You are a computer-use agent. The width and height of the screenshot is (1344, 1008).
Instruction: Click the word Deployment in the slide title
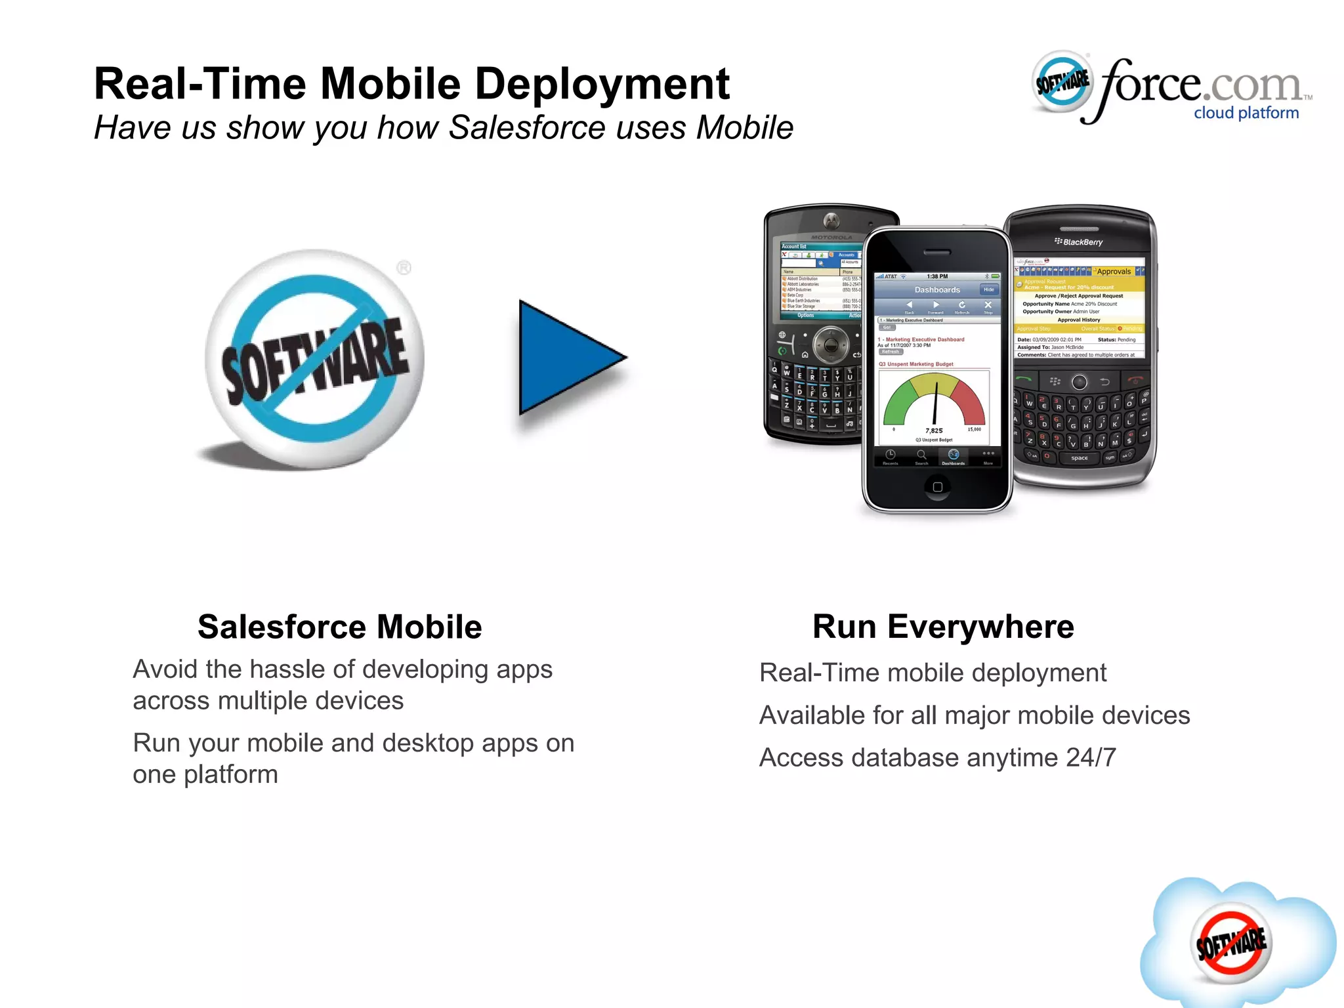(602, 85)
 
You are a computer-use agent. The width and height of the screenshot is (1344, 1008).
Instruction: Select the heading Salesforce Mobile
(340, 627)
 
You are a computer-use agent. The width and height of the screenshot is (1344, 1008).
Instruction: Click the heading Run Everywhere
(943, 627)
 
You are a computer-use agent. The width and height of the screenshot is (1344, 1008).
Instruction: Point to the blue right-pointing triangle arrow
(568, 358)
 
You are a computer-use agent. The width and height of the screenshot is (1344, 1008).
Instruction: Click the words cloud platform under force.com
(1246, 113)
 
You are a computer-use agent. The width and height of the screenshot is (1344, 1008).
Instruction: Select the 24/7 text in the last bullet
(1091, 758)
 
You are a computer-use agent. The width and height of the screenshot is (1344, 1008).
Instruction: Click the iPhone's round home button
(937, 486)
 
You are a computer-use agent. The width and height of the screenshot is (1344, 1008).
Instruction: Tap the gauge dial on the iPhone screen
(934, 400)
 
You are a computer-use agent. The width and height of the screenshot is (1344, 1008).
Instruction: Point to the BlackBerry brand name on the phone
(1082, 242)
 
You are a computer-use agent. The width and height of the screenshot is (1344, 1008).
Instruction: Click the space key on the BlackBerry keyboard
(1079, 458)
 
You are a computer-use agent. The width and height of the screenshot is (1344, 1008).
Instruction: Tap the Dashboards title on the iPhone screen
(936, 289)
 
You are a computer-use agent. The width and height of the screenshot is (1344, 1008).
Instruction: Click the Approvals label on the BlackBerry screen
(1114, 271)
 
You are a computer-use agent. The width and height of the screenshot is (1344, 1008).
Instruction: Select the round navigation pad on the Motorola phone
(831, 344)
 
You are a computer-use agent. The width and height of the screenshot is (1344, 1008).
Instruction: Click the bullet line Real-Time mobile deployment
(933, 673)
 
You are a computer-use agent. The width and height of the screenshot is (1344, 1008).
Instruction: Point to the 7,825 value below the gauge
(934, 430)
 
